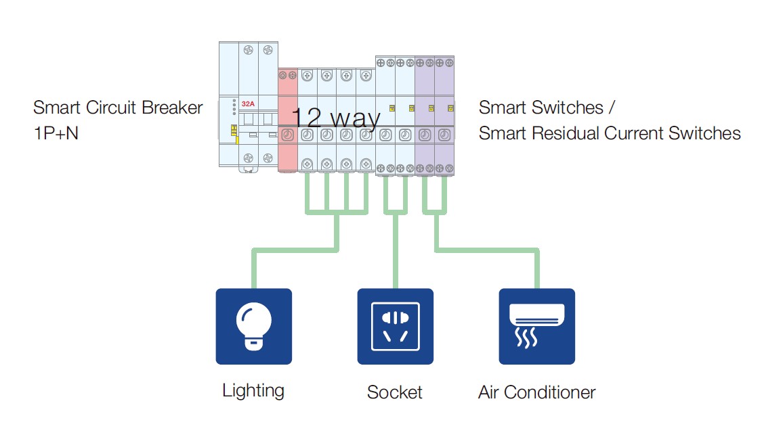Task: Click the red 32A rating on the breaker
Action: coord(248,104)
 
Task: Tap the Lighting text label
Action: coord(253,390)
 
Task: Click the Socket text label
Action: coord(394,392)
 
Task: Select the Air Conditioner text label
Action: coord(536,392)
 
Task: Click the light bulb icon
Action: coord(253,327)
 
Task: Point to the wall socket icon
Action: coord(395,327)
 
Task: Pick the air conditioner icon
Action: coord(536,327)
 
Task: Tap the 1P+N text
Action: coord(56,133)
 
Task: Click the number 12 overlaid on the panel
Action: coord(306,118)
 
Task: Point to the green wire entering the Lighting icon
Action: coord(253,271)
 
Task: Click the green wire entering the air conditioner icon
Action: coord(536,271)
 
